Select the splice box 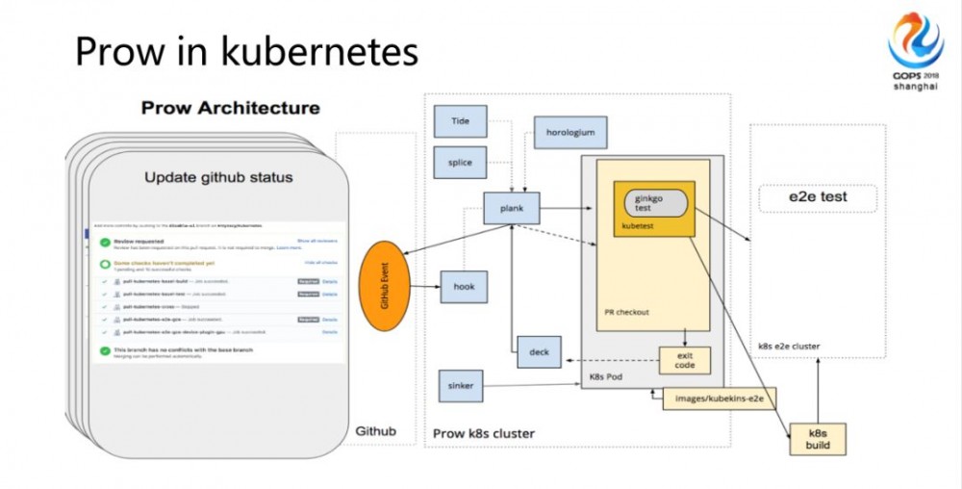pos(459,162)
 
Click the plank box pos(511,207)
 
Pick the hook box pos(464,286)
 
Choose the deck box pos(539,352)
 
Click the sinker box pos(461,386)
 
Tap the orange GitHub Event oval pos(385,285)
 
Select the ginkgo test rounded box pos(656,203)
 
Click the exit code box pos(684,361)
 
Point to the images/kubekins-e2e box pos(720,397)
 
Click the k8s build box pos(817,439)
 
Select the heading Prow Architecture pos(230,107)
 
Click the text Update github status pos(218,177)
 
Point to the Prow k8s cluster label pos(484,433)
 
